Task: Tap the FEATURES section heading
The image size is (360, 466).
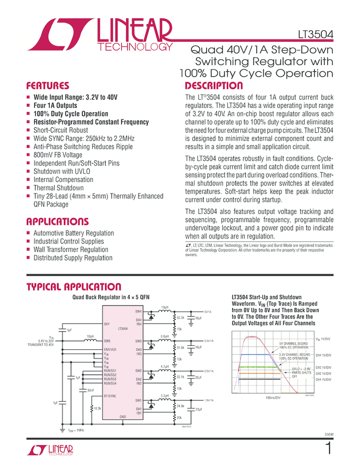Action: coord(48,86)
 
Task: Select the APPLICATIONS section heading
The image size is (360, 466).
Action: coord(57,221)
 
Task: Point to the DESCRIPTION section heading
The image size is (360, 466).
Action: coord(214,86)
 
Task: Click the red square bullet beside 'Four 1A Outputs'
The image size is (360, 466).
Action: coord(29,105)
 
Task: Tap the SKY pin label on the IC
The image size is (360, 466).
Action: coord(107,325)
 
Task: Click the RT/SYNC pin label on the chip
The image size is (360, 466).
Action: coord(111,395)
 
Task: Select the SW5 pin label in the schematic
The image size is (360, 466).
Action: coord(107,340)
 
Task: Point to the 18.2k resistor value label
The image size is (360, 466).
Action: coord(97,408)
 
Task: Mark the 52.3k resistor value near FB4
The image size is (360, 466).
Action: coord(180,317)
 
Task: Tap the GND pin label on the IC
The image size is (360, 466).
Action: coord(123,417)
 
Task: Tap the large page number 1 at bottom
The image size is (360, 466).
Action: coord(328,448)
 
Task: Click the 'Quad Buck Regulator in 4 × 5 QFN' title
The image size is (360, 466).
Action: coord(111,297)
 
